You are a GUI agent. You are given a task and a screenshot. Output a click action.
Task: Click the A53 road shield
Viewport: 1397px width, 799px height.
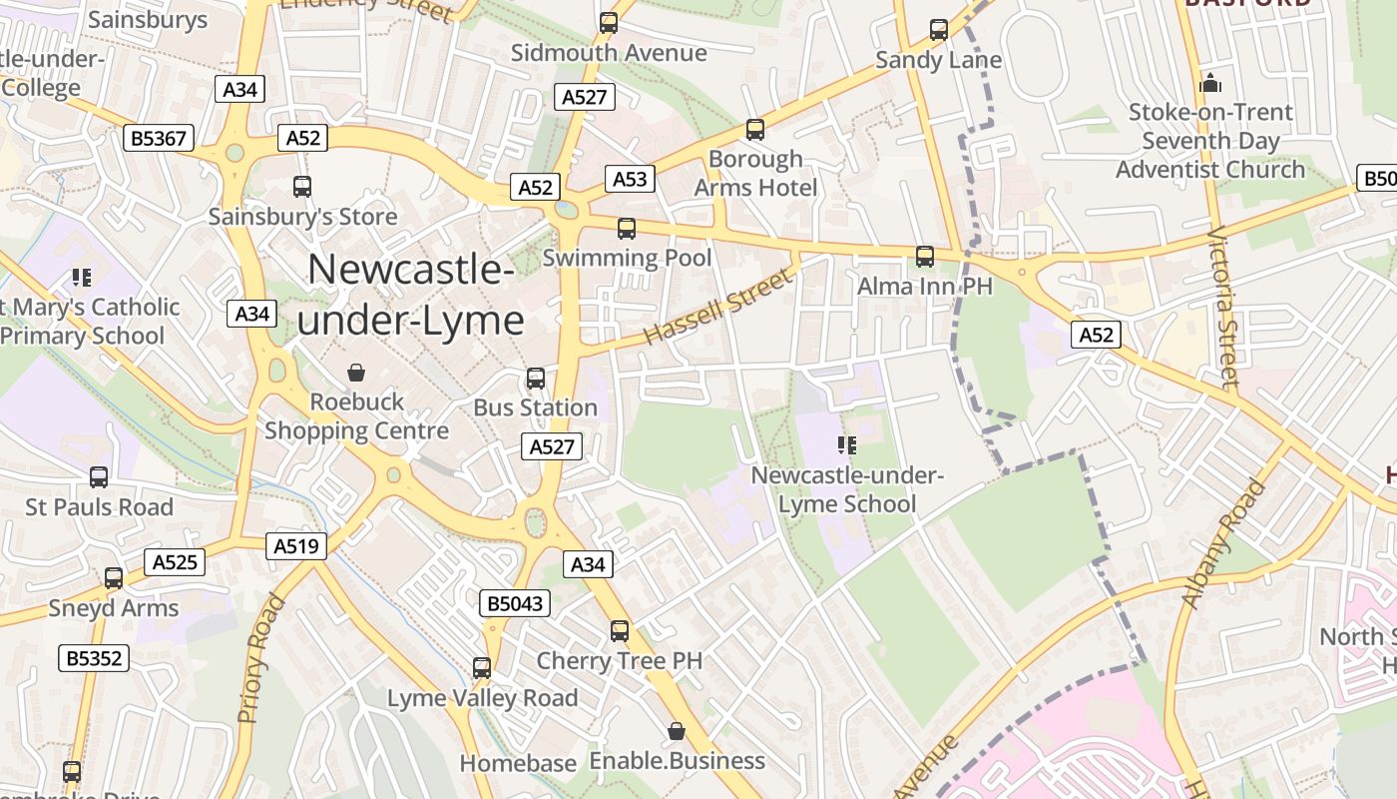pos(630,179)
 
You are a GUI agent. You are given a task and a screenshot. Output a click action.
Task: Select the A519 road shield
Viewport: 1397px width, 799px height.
pos(296,546)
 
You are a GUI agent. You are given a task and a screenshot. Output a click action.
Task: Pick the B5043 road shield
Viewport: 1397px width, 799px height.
pos(515,603)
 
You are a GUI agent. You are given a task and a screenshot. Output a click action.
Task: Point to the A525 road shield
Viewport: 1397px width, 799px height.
pos(175,562)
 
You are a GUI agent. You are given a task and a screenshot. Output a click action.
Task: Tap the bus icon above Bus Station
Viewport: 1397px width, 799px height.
pos(536,379)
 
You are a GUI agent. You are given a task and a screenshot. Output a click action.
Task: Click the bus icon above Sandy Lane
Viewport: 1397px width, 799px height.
pos(939,30)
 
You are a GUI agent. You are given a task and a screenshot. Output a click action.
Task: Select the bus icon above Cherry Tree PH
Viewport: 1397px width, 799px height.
pos(620,631)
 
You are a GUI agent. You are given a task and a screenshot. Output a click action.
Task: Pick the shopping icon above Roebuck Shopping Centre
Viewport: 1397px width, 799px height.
pos(356,373)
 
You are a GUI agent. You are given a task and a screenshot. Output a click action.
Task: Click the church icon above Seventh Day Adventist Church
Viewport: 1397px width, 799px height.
pos(1210,82)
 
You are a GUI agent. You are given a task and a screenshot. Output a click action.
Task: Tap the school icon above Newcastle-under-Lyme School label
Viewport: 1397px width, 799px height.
pos(847,445)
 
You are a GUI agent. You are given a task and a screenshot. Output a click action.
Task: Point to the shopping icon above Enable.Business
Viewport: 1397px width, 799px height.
pos(677,732)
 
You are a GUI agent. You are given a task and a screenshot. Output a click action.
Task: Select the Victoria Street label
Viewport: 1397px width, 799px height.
pos(1222,308)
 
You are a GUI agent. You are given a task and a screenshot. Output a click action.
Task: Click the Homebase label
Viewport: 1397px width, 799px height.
pos(518,763)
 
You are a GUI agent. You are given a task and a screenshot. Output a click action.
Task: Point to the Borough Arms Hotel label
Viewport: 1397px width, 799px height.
pos(755,174)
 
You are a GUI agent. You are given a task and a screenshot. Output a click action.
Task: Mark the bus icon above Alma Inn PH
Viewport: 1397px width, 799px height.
pos(925,257)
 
